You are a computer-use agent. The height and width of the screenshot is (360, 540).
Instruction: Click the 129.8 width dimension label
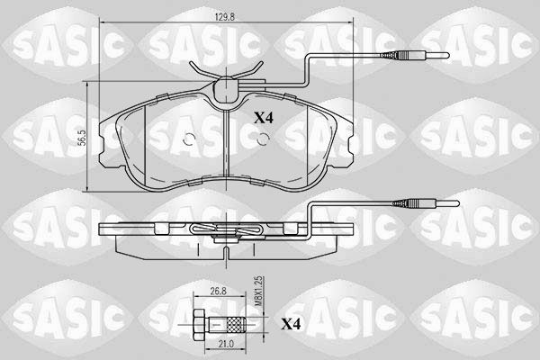[224, 17]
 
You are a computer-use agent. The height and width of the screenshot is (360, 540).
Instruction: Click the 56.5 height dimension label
[82, 138]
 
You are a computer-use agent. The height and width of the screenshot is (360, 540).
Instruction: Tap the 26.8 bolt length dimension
[218, 291]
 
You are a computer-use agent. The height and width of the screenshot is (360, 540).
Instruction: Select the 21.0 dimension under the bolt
[226, 344]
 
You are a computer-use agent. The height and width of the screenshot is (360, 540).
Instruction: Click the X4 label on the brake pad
[264, 118]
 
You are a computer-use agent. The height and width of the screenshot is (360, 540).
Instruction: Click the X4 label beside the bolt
[291, 324]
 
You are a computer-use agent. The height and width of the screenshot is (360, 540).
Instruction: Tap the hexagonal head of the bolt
[200, 325]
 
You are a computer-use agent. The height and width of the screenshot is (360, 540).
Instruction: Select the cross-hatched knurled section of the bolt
[236, 325]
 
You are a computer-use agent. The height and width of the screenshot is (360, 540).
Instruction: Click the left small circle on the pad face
[189, 139]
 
